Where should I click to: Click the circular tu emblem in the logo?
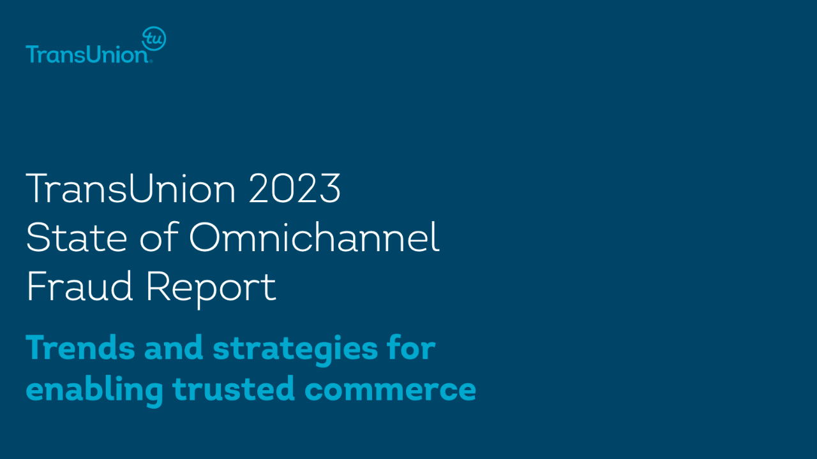click(154, 38)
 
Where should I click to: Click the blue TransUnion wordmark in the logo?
click(87, 54)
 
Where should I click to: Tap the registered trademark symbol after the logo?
click(151, 62)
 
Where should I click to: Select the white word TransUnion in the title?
click(131, 188)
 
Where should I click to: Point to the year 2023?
click(295, 188)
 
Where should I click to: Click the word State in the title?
click(77, 237)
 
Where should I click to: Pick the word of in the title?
click(160, 237)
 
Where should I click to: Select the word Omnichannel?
click(315, 237)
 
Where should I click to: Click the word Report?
click(211, 289)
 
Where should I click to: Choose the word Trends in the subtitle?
click(80, 347)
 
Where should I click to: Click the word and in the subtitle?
click(174, 347)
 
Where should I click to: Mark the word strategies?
click(296, 350)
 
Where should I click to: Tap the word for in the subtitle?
click(412, 347)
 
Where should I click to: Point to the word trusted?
click(234, 388)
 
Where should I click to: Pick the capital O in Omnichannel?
click(205, 237)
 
